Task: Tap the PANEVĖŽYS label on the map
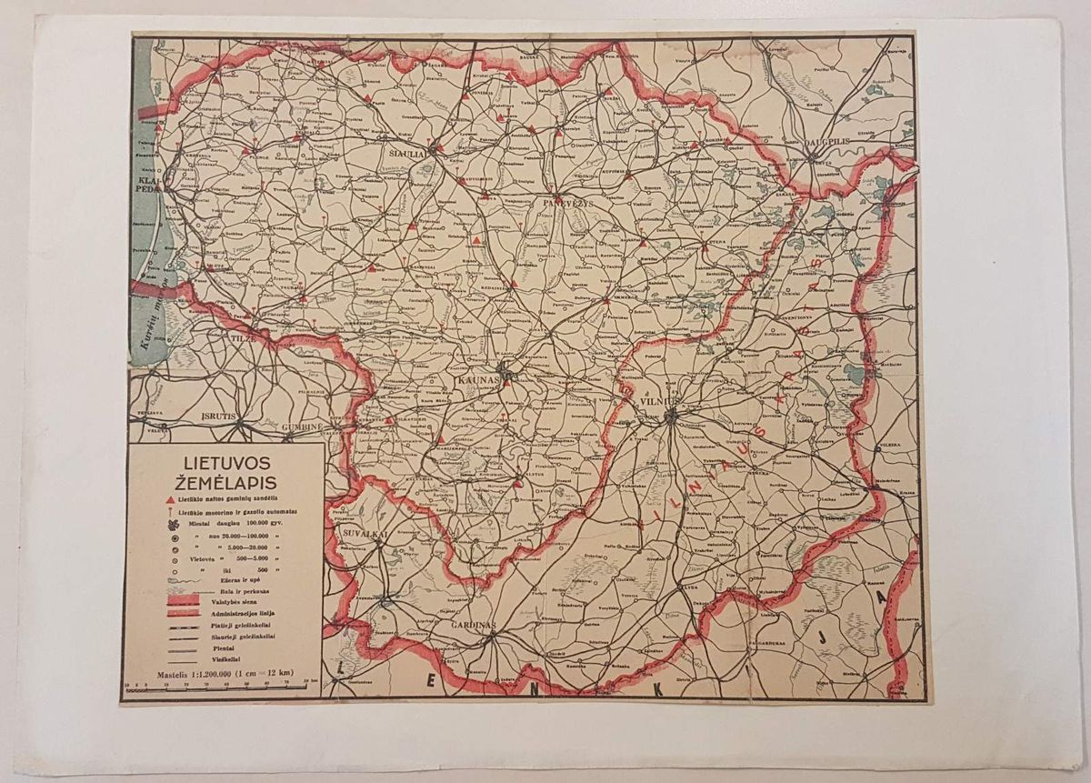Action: point(568,203)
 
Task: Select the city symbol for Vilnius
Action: point(671,417)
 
